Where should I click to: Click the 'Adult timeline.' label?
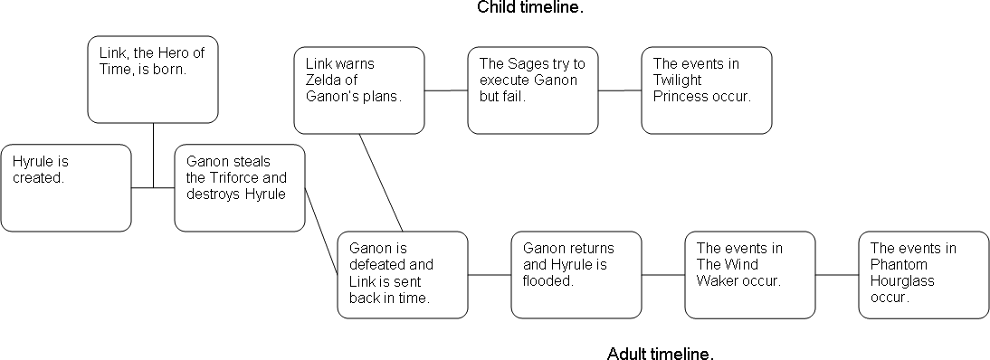click(x=660, y=352)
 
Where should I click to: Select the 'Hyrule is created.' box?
click(x=65, y=187)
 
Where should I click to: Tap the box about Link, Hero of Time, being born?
click(x=153, y=79)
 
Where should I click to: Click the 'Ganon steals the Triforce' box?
click(x=239, y=187)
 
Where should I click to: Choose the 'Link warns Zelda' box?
click(x=359, y=90)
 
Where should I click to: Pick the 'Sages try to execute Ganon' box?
click(x=533, y=90)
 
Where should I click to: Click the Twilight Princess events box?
click(x=707, y=90)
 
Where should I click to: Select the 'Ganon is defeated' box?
click(x=403, y=274)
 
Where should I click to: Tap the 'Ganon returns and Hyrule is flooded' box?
click(x=576, y=274)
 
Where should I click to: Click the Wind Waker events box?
click(x=750, y=274)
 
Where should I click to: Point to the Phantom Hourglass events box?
click(x=924, y=274)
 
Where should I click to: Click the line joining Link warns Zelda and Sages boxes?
click(x=446, y=90)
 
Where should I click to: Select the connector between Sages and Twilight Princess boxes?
click(x=620, y=90)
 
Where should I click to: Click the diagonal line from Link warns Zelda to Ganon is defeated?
click(x=381, y=183)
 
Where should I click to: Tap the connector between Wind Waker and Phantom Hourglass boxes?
click(x=837, y=274)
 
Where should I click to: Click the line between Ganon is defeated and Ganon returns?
click(x=490, y=274)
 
